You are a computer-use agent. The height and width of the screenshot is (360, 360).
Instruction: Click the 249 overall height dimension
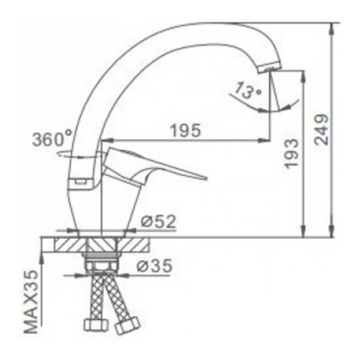[x=322, y=130]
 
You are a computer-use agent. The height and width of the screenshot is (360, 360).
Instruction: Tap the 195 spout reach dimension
[x=186, y=130]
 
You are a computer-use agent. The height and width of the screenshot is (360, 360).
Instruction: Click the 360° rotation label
[x=52, y=138]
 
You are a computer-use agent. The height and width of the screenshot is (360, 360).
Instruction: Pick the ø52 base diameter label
[x=158, y=222]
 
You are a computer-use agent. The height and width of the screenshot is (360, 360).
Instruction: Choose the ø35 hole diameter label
[x=154, y=266]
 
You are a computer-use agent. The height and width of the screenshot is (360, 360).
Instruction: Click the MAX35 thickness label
[x=31, y=302]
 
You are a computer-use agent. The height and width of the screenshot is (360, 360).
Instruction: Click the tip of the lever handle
[x=206, y=178]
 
